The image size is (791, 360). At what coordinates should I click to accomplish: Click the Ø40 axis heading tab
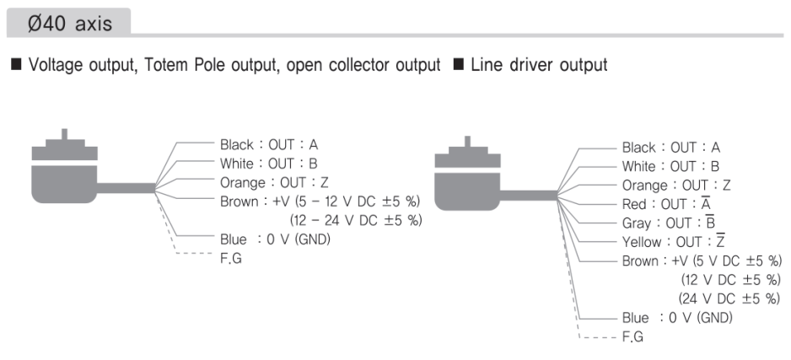(68, 23)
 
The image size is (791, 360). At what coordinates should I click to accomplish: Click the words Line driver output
(539, 65)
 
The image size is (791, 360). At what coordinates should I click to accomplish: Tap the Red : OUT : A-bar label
(666, 204)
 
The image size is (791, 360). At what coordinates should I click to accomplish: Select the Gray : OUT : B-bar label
(669, 223)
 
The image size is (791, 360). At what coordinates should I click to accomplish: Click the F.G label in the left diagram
(230, 258)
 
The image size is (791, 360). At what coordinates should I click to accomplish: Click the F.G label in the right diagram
(632, 336)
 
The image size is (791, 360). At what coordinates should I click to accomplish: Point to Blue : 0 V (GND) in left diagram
(275, 239)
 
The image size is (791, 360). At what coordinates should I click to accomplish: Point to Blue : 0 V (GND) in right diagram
(677, 318)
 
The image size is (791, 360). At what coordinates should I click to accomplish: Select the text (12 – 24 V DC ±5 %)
(356, 220)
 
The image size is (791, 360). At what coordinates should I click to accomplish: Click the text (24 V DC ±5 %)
(729, 298)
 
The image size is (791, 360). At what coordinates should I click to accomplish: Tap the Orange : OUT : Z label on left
(274, 182)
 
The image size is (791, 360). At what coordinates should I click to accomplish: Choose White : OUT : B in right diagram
(670, 166)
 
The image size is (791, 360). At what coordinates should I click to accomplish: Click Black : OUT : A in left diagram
(269, 145)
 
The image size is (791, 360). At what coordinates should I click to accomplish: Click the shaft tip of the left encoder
(64, 130)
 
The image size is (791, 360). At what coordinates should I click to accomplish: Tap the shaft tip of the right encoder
(468, 137)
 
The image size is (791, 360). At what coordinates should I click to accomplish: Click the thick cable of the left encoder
(126, 188)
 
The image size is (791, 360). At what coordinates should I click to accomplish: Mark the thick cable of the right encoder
(528, 196)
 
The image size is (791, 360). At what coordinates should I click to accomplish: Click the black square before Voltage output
(17, 65)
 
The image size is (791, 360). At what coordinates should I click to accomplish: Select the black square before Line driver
(459, 65)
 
